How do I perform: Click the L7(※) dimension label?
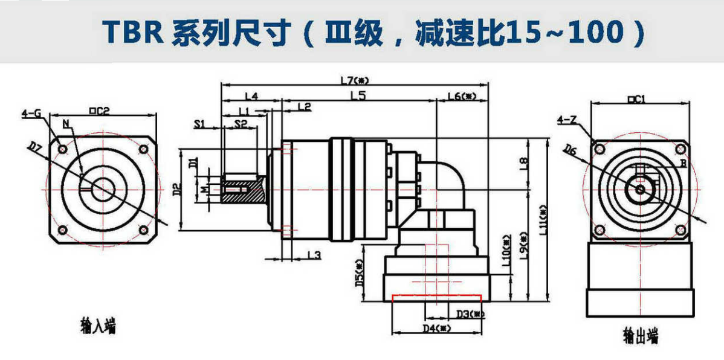pos(355,79)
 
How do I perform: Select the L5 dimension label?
pos(358,95)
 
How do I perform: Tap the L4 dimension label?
pos(252,95)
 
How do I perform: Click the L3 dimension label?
pos(313,255)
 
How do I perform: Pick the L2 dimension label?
pos(304,107)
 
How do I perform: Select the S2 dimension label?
pos(241,124)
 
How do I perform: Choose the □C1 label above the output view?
pos(637,100)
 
